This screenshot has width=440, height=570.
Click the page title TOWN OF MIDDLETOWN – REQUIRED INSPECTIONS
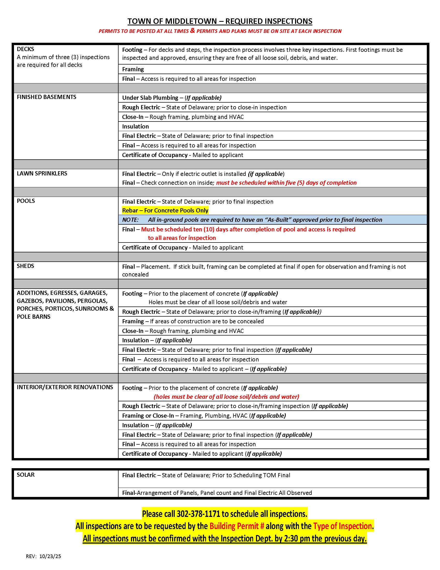click(220, 21)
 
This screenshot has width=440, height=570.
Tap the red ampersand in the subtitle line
click(193, 31)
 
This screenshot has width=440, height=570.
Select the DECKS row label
click(26, 49)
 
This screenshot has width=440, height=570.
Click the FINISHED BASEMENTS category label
click(46, 97)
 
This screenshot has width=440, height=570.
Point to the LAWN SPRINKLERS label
click(42, 174)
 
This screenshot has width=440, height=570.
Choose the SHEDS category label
click(25, 266)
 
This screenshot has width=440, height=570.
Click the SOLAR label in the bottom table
click(26, 475)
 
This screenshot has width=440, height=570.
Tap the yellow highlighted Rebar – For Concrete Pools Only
click(165, 211)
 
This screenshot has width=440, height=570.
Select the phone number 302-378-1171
click(198, 514)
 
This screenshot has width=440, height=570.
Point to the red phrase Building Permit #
click(237, 526)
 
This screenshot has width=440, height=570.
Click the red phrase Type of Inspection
click(342, 526)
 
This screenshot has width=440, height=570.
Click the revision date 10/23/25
click(50, 556)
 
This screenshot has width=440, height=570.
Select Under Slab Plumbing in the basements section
click(150, 98)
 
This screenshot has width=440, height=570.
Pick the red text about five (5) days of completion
click(286, 183)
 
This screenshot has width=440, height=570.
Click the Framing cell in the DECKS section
click(133, 69)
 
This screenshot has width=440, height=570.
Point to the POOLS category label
click(26, 201)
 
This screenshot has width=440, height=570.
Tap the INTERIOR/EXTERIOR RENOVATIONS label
click(65, 387)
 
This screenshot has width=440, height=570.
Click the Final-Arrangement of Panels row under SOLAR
click(217, 493)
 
